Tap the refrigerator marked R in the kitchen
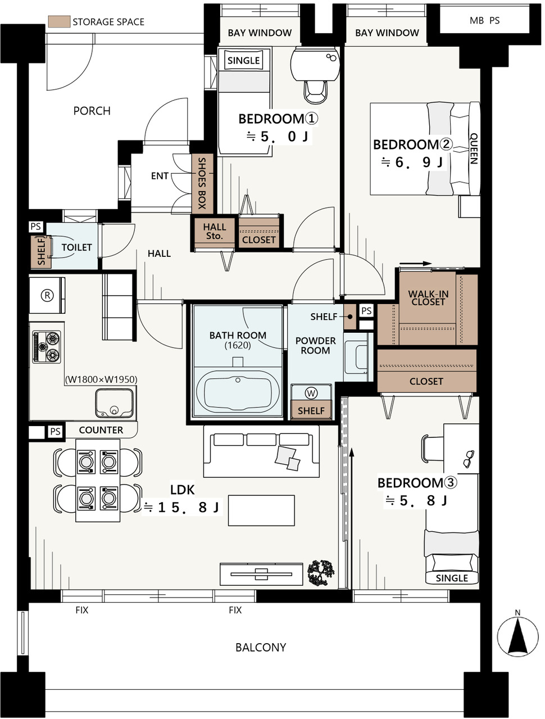tap(47, 296)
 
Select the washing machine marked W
tap(311, 392)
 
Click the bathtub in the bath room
tap(238, 392)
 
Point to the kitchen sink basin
tap(115, 403)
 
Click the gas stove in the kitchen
tap(47, 347)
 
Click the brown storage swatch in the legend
tap(59, 21)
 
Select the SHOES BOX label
tap(202, 183)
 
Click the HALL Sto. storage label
tap(215, 231)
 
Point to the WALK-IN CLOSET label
tap(428, 298)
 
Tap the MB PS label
tap(484, 21)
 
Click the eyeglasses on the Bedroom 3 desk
tap(469, 459)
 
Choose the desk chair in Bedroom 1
tap(316, 92)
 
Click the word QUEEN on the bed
tap(474, 148)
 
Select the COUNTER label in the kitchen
tap(101, 430)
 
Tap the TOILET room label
tap(76, 247)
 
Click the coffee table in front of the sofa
tap(261, 510)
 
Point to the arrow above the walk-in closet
tap(415, 264)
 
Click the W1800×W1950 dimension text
tap(101, 379)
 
